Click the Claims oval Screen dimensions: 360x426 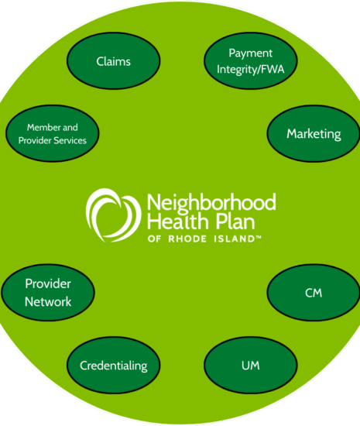pos(114,61)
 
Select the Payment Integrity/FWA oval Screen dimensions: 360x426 pos(251,61)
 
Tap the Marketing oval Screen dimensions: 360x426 pos(314,134)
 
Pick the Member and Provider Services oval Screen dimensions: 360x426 pos(53,133)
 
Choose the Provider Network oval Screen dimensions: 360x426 pos(48,293)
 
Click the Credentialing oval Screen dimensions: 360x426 pos(114,365)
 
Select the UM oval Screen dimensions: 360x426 pos(251,365)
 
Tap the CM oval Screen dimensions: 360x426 pos(314,293)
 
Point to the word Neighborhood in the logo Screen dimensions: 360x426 pos(211,203)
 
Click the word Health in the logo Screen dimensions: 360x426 pos(178,221)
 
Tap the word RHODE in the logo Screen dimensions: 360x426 pos(187,239)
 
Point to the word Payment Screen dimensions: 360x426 pos(250,53)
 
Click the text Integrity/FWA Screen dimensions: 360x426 pos(250,69)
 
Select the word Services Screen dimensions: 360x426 pos(70,140)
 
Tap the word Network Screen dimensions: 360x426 pos(48,302)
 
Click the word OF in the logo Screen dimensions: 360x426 pos(155,239)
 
